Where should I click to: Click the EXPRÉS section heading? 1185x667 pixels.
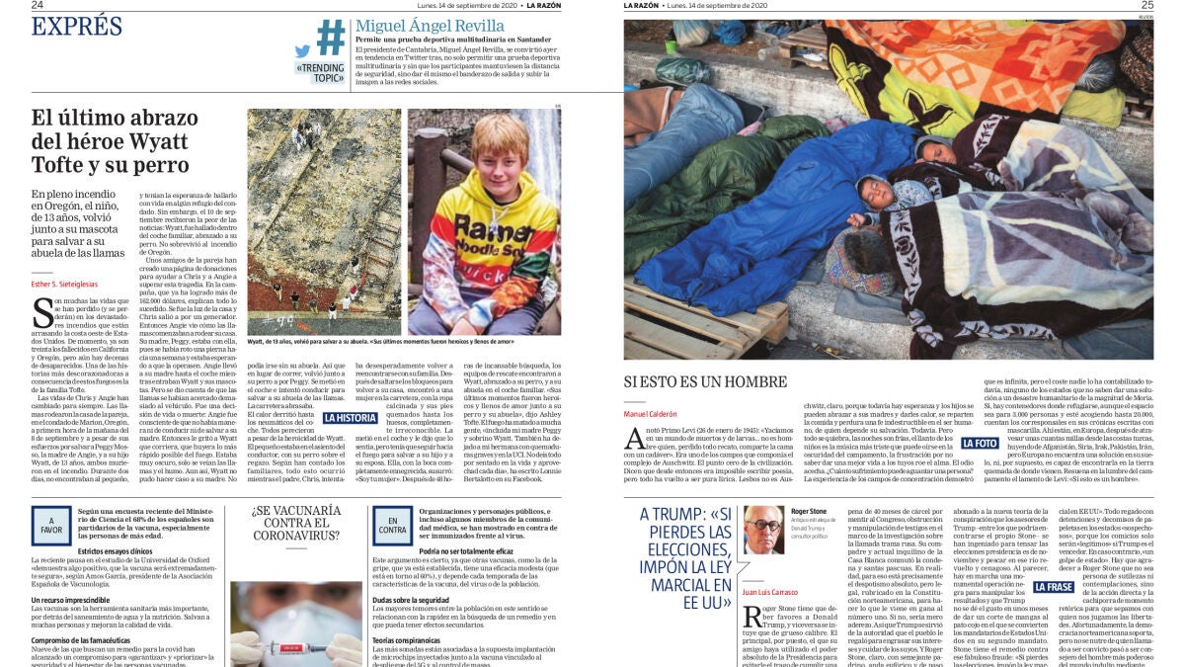[x=77, y=27]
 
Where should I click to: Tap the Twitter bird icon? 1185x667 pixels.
[x=302, y=51]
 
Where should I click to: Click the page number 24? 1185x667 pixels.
[x=38, y=5]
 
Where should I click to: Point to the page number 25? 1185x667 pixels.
[x=1146, y=5]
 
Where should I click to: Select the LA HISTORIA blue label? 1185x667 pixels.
[x=351, y=418]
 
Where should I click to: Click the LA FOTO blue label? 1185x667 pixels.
[x=980, y=444]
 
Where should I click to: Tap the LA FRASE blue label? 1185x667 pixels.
[x=1053, y=587]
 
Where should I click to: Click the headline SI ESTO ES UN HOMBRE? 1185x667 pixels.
[x=720, y=380]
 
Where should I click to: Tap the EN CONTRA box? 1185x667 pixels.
[x=393, y=524]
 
